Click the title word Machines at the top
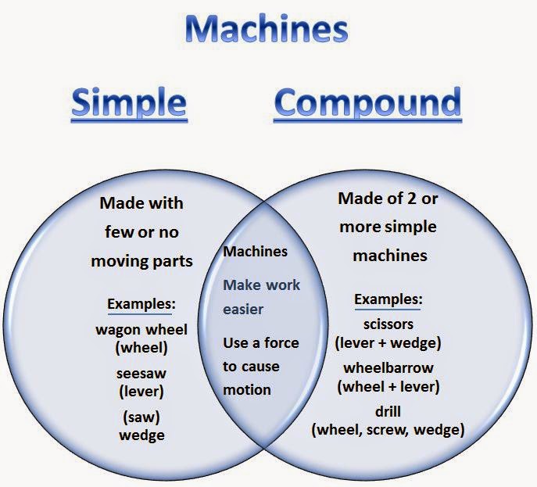pyautogui.click(x=267, y=29)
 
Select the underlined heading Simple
pyautogui.click(x=129, y=102)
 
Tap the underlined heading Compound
pyautogui.click(x=367, y=102)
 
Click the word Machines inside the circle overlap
pyautogui.click(x=255, y=252)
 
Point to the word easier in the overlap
pyautogui.click(x=243, y=310)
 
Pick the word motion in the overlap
pyautogui.click(x=247, y=390)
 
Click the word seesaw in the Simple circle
pyautogui.click(x=141, y=374)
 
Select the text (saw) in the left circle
pyautogui.click(x=141, y=417)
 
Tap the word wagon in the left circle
pyautogui.click(x=117, y=331)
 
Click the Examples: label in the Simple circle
pyautogui.click(x=141, y=304)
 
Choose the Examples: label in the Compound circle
pyautogui.click(x=388, y=299)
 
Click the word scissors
pyautogui.click(x=388, y=324)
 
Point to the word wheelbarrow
pyautogui.click(x=388, y=368)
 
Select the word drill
pyautogui.click(x=388, y=412)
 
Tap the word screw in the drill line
pyautogui.click(x=387, y=430)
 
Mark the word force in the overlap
pyautogui.click(x=281, y=343)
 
